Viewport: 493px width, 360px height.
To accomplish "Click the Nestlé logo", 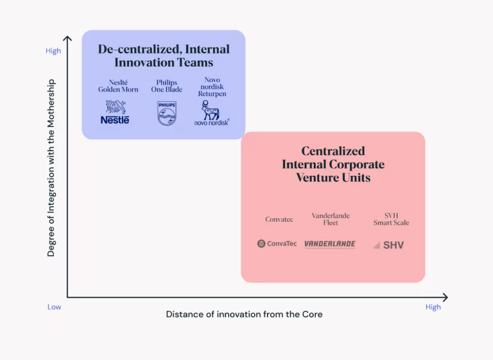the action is (x=115, y=112).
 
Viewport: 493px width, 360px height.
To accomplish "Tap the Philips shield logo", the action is (x=167, y=113).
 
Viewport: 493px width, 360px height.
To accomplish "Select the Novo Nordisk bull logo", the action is (x=212, y=113).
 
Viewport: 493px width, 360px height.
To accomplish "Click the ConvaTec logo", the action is (x=277, y=244).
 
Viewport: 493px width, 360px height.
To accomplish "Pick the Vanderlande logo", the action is (x=330, y=244).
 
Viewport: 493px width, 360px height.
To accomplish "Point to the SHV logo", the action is (x=388, y=245).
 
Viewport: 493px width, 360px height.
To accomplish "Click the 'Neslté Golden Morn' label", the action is (x=118, y=86).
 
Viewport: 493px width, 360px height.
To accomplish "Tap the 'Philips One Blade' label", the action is (x=167, y=86).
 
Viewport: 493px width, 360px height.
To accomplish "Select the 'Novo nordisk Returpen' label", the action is (x=212, y=87).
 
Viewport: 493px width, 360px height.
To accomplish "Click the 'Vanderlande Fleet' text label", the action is (x=331, y=219).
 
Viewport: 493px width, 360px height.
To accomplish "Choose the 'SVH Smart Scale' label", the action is (x=391, y=219).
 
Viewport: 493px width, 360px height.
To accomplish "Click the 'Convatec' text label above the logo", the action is (x=279, y=219).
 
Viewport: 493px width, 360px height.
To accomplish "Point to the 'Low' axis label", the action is (x=54, y=307).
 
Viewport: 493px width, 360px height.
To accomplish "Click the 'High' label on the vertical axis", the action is (x=53, y=51).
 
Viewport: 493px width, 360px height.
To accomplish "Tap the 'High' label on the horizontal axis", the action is (x=433, y=307).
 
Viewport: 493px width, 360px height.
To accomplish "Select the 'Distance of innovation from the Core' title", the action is (x=245, y=314).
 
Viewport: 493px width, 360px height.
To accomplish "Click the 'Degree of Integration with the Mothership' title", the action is (x=51, y=168).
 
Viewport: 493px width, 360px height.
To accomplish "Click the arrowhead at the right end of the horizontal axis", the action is (x=446, y=297).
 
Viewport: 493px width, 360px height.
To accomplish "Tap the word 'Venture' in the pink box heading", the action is (x=317, y=178).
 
